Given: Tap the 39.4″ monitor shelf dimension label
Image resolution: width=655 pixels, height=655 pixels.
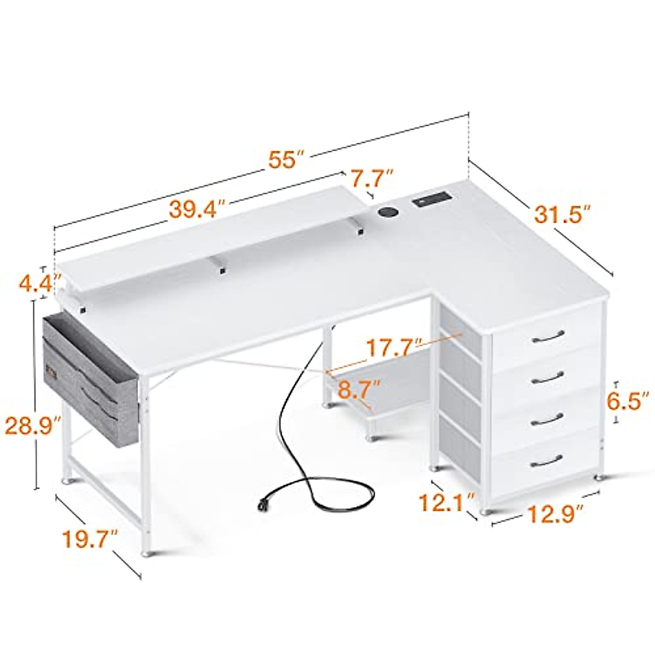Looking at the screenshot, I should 197,209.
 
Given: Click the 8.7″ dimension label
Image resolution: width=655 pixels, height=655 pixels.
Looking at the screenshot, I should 359,390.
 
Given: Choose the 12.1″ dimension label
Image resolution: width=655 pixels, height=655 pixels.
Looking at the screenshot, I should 446,501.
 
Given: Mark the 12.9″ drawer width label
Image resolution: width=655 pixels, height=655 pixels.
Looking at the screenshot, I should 553,514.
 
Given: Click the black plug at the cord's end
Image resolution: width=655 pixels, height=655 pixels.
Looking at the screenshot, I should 264,505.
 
